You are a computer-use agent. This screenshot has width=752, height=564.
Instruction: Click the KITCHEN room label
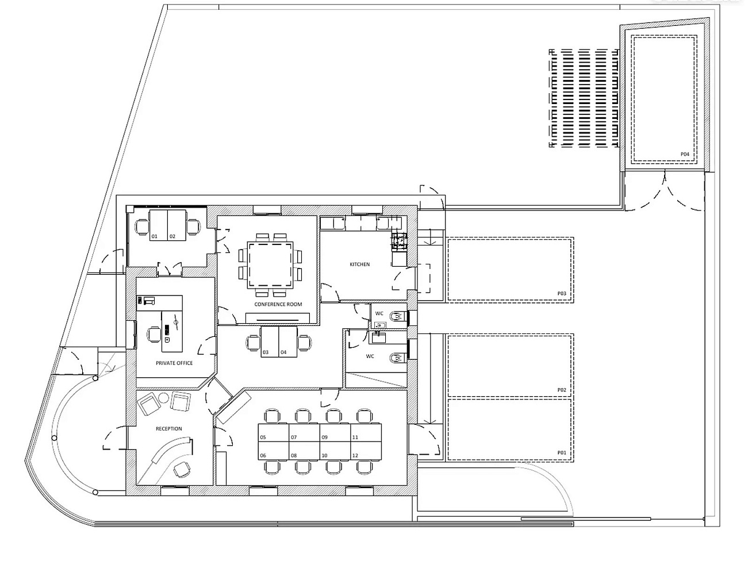pos(359,264)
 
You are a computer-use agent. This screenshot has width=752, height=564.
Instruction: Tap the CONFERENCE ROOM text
pos(278,304)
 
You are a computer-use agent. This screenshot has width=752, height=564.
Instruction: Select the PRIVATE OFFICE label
pos(174,363)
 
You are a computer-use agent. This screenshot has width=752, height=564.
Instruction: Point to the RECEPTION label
pos(168,429)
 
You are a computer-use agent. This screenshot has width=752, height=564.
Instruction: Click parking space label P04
pos(685,154)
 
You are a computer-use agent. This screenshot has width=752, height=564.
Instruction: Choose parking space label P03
pos(562,293)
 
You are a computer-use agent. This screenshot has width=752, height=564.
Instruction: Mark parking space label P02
pos(562,390)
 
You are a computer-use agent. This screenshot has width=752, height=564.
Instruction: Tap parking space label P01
pos(562,452)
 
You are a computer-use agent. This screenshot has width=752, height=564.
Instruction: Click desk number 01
pos(155,236)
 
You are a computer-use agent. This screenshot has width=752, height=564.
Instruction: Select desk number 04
pos(283,352)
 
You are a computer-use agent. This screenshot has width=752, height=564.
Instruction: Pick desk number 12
pos(355,455)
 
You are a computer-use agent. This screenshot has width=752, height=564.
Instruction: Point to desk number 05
pos(263,438)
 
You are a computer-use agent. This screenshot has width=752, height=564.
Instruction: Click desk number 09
pos(324,438)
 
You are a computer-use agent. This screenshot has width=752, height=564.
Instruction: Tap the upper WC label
pos(379,313)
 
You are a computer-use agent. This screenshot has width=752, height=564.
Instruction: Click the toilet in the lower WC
pos(398,358)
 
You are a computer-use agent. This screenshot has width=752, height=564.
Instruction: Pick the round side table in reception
pos(164,398)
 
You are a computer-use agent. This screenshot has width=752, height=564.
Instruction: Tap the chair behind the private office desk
pos(154,334)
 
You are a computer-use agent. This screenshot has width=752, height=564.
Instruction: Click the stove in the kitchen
pos(400,240)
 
